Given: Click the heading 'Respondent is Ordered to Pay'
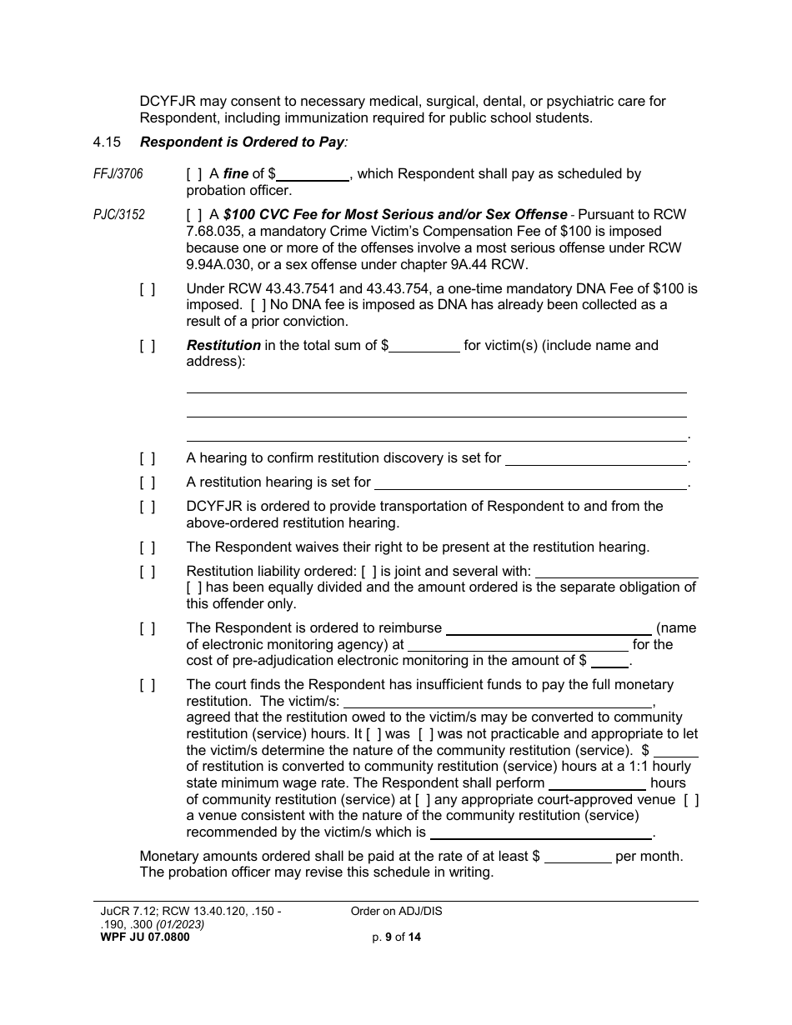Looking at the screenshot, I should [242, 142].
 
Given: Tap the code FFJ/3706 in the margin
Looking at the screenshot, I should [118, 174].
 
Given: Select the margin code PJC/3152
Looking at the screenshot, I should [118, 215].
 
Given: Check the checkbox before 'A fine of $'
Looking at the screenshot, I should [193, 174].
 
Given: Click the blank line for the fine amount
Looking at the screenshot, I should [313, 176].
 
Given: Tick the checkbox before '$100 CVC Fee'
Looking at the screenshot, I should [193, 215].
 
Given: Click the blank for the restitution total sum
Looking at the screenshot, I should [424, 347].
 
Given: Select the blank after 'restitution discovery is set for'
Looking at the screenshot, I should [596, 459].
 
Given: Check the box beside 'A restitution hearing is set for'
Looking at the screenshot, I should [147, 482].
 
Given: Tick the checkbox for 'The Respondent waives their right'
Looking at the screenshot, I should [147, 547].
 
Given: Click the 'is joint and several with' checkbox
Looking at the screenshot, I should [368, 572].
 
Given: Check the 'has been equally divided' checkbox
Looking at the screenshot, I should [193, 587].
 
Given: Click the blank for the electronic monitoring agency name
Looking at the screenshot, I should [549, 629].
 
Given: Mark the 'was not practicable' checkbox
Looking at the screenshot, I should [425, 734].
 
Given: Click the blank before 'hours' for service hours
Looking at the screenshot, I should [597, 784].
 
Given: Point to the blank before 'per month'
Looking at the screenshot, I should [578, 857].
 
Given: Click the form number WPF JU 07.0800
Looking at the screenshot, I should [144, 937].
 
